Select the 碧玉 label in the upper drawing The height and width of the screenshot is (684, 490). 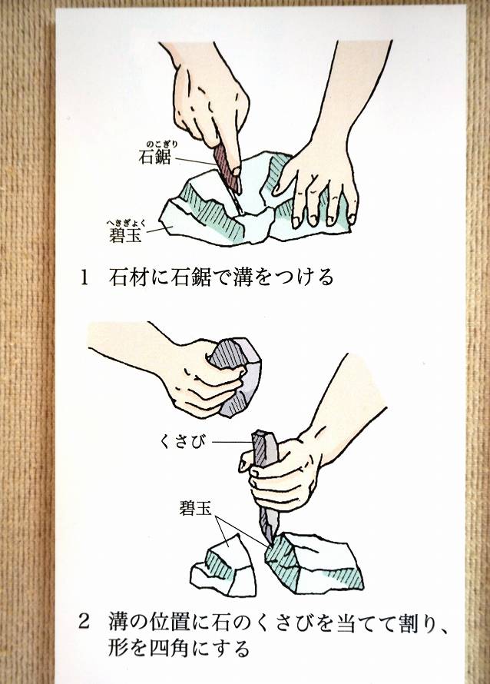point(125,236)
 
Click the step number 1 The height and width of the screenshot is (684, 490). point(84,277)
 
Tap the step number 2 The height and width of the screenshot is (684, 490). point(84,621)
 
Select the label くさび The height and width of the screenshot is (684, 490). point(183,443)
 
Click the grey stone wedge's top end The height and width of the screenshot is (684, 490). point(263,433)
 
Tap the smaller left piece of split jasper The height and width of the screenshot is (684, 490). point(225,566)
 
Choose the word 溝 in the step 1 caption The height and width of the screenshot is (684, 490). point(241,277)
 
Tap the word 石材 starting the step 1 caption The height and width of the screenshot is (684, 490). point(127,277)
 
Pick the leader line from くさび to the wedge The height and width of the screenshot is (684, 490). point(233,443)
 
